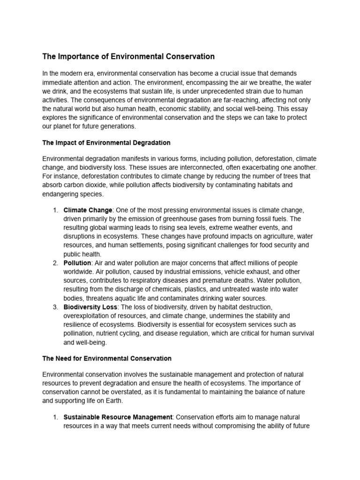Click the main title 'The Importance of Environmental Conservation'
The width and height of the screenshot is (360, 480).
coord(128,57)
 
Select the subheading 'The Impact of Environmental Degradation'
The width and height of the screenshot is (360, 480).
coord(106,142)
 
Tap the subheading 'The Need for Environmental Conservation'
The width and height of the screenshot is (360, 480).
coord(107,359)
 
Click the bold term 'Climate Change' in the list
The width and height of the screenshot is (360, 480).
coord(88,210)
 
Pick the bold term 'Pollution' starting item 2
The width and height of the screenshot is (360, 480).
coord(77,263)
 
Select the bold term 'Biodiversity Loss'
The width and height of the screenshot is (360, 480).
coord(90,307)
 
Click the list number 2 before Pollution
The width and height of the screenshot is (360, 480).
coord(55,263)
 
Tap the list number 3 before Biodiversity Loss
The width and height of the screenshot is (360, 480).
coord(55,307)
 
